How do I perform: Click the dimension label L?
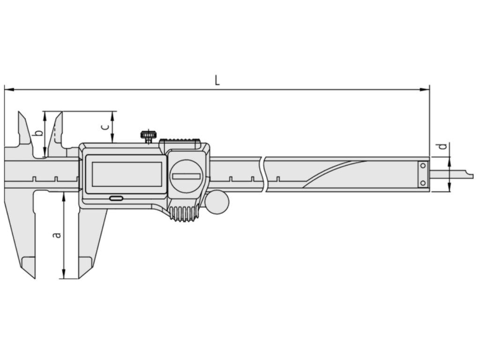click(x=217, y=81)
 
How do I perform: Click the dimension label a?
click(x=57, y=235)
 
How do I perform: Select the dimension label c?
click(x=105, y=127)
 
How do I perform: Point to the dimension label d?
click(x=442, y=147)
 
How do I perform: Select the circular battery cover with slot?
click(x=186, y=176)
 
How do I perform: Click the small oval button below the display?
click(x=116, y=199)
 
